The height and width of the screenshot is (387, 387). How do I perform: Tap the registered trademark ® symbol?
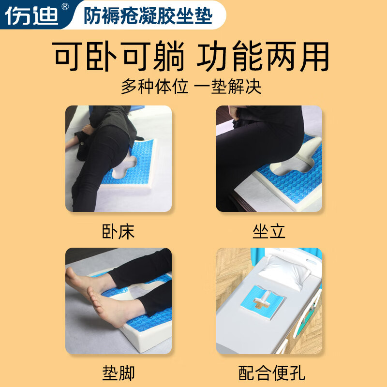click(66, 7)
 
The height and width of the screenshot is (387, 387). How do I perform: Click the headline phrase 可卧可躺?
click(119, 57)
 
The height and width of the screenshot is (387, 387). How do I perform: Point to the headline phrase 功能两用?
click(263, 57)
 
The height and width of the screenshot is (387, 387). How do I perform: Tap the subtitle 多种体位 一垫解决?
click(191, 87)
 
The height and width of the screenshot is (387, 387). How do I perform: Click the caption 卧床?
click(119, 231)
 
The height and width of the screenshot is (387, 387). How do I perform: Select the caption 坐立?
click(269, 231)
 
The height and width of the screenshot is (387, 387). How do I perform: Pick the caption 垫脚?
click(119, 373)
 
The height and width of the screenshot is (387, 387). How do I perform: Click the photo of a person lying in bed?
click(119, 159)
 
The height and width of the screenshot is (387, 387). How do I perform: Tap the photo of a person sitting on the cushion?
click(269, 159)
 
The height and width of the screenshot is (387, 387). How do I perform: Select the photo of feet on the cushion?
click(119, 301)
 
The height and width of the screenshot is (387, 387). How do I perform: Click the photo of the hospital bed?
click(269, 301)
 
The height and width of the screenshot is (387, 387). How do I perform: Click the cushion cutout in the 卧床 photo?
click(127, 167)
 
